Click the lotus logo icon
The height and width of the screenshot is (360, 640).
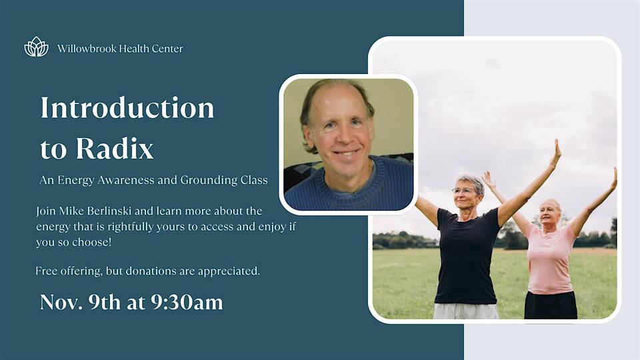click(36, 47)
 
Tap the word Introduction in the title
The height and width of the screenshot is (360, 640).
click(127, 108)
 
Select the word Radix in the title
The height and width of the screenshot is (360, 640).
click(115, 149)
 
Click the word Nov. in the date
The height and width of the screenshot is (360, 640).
click(59, 302)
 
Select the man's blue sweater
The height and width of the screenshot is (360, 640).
click(347, 190)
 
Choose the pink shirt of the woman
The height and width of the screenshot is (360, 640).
click(549, 257)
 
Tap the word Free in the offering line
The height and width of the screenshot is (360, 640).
click(47, 271)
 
